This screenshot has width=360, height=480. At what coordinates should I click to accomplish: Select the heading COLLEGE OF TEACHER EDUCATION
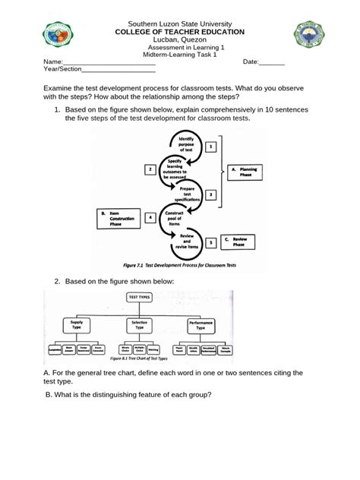[x=179, y=32]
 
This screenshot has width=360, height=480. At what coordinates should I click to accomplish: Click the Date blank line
[x=272, y=62]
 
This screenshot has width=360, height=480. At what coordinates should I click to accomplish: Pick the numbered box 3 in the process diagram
[x=212, y=194]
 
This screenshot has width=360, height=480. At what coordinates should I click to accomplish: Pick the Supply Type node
[x=76, y=324]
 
